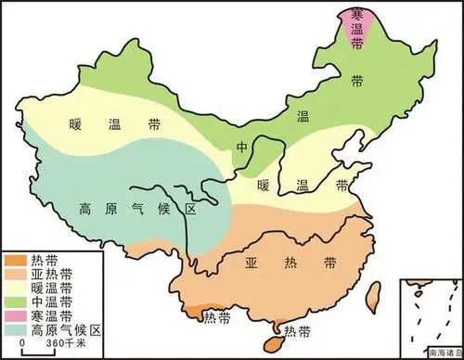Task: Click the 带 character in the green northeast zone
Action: click(x=356, y=81)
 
